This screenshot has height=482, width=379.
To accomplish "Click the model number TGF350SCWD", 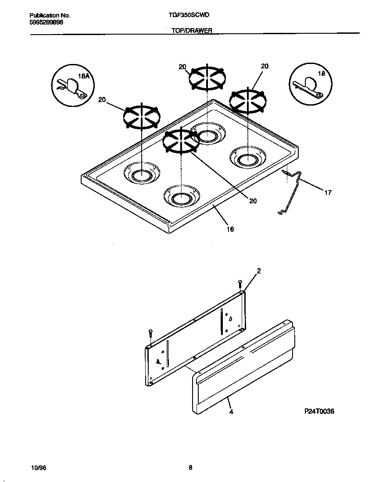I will tap(189, 15).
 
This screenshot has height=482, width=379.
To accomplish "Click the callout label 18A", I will tap(83, 76).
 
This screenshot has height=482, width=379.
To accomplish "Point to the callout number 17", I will tap(328, 192).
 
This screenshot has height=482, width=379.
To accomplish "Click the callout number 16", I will tap(230, 229).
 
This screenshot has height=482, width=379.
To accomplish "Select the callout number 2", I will tap(259, 271).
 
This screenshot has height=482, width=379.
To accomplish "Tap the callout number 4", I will tap(230, 411).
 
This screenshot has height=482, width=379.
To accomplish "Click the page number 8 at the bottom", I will tap(190, 467).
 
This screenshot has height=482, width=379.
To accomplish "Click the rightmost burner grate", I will tap(248, 101).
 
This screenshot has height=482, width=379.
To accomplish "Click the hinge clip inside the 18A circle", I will tap(71, 88).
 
